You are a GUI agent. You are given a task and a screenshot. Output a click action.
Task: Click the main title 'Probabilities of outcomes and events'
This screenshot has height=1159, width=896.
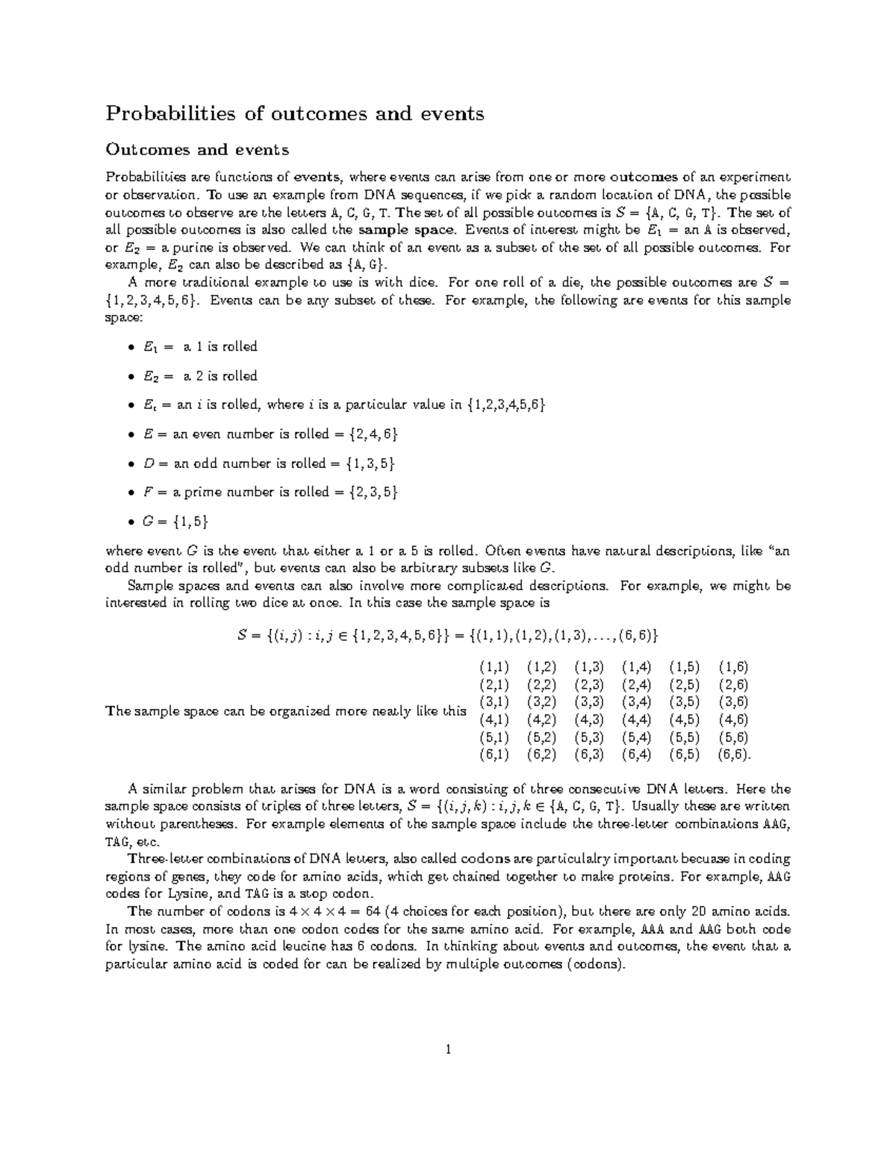(294, 113)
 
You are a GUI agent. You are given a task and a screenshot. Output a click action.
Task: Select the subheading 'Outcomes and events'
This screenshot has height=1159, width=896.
(197, 149)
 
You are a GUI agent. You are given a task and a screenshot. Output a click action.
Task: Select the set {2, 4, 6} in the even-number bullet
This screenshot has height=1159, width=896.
(371, 434)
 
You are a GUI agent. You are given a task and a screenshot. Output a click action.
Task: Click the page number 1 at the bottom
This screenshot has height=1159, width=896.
(448, 1050)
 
